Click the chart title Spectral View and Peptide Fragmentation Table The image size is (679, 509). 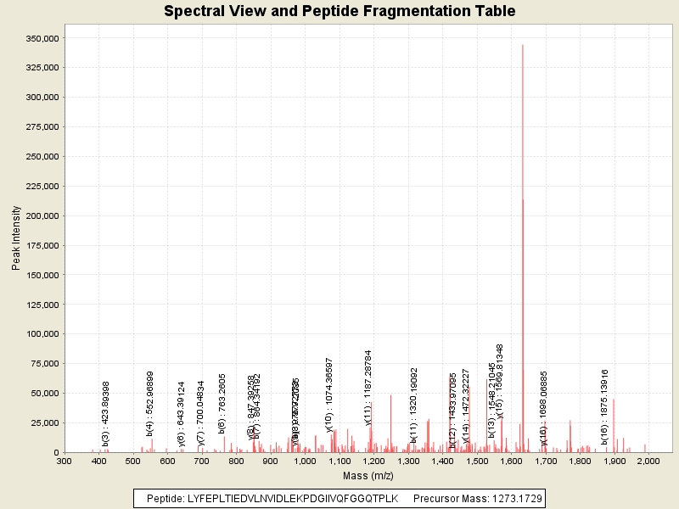[339, 11]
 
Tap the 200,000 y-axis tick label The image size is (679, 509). [40, 215]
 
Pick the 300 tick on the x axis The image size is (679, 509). [64, 461]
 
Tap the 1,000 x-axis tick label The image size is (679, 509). [305, 461]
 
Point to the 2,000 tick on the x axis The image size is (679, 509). [648, 461]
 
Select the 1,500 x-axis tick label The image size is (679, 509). [476, 461]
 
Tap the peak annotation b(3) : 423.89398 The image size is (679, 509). [106, 413]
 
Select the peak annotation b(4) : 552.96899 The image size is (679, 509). [150, 403]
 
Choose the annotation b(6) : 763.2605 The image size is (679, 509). [222, 405]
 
